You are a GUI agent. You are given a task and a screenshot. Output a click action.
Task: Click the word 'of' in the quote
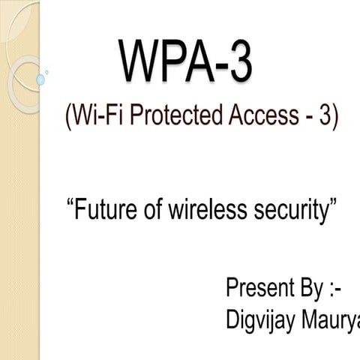click(150, 209)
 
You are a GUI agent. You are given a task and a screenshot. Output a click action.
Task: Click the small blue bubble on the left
click(40, 79)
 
